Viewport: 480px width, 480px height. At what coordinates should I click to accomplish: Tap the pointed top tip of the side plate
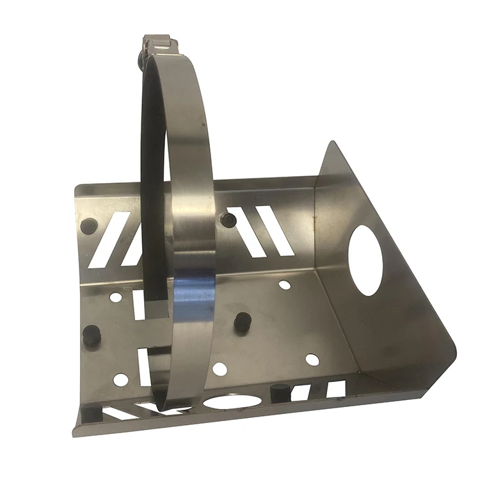(x=331, y=144)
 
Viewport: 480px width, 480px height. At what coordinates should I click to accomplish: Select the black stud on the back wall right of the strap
(x=228, y=220)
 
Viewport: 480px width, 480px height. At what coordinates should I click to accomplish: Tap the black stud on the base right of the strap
(x=241, y=321)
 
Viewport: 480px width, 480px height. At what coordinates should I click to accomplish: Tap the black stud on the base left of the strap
(x=92, y=335)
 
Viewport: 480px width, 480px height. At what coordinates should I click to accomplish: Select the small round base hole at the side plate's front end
(x=312, y=360)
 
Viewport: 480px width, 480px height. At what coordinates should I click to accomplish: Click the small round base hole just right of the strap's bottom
(x=220, y=369)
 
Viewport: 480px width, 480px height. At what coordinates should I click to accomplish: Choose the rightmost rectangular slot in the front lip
(x=335, y=388)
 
